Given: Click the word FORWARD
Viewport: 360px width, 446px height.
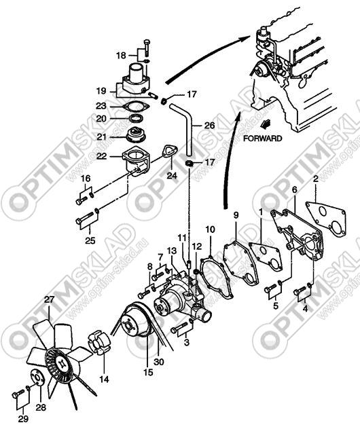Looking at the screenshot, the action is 263,138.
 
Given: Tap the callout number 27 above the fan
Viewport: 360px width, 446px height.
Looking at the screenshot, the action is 49,300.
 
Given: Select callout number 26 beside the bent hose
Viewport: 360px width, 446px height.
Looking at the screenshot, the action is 210,125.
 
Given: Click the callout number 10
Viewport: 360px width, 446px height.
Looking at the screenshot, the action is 211,229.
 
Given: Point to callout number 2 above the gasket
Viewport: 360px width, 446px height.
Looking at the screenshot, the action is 315,179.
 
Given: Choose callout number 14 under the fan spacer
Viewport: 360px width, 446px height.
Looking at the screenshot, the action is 104,379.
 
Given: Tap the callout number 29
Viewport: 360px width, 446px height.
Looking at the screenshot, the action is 23,419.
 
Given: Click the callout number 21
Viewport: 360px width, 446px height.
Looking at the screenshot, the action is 101,137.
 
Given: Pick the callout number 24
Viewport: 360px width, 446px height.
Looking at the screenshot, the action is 172,176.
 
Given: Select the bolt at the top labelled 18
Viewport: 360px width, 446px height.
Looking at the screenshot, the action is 147,48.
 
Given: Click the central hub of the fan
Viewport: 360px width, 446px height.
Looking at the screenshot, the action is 61,363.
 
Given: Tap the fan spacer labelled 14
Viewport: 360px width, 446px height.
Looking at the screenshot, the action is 98,343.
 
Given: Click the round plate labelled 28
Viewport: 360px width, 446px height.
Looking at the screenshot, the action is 37,377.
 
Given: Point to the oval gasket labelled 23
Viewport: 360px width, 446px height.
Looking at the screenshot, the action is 136,107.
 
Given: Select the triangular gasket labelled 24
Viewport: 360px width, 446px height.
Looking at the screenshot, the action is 170,151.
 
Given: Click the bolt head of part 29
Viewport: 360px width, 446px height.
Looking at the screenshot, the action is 16,395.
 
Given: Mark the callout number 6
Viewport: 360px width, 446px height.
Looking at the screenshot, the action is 295,189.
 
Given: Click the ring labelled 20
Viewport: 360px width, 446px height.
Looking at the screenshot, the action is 137,117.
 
